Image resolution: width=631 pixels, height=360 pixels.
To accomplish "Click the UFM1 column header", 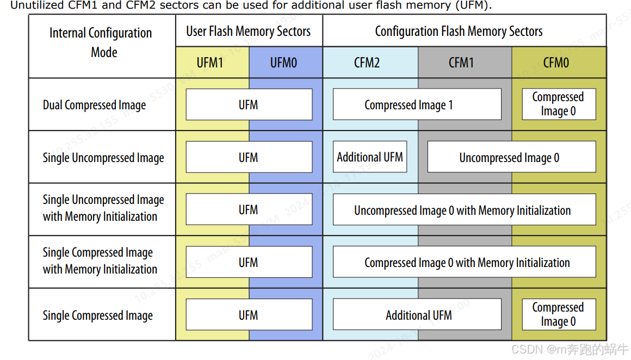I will [x=210, y=63].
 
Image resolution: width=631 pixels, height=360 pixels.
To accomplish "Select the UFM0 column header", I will [x=283, y=63].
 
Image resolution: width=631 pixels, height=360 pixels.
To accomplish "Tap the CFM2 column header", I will [x=367, y=63].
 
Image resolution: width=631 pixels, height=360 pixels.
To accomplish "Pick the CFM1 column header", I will [x=461, y=63].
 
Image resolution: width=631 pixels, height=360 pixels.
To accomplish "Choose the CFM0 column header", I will [x=556, y=63].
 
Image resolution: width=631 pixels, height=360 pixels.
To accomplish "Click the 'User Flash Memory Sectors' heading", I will [x=248, y=32].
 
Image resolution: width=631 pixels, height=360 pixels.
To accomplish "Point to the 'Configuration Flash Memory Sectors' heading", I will [x=459, y=32].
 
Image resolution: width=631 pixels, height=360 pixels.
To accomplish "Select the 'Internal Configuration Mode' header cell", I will [x=101, y=42].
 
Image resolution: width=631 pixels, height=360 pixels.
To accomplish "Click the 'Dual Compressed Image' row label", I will [x=94, y=105].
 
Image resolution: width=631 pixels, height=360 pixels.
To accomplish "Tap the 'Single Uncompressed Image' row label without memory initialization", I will [x=103, y=158].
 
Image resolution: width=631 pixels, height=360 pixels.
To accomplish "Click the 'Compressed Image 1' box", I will [x=417, y=104].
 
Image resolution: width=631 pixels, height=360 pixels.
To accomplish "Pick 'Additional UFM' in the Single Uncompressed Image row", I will [x=370, y=157].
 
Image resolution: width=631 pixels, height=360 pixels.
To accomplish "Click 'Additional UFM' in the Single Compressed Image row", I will [x=417, y=315].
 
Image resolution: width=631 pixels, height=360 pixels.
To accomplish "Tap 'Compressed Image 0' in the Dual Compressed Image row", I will [x=558, y=104].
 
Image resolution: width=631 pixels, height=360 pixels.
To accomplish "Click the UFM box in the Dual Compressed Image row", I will [x=249, y=104].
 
